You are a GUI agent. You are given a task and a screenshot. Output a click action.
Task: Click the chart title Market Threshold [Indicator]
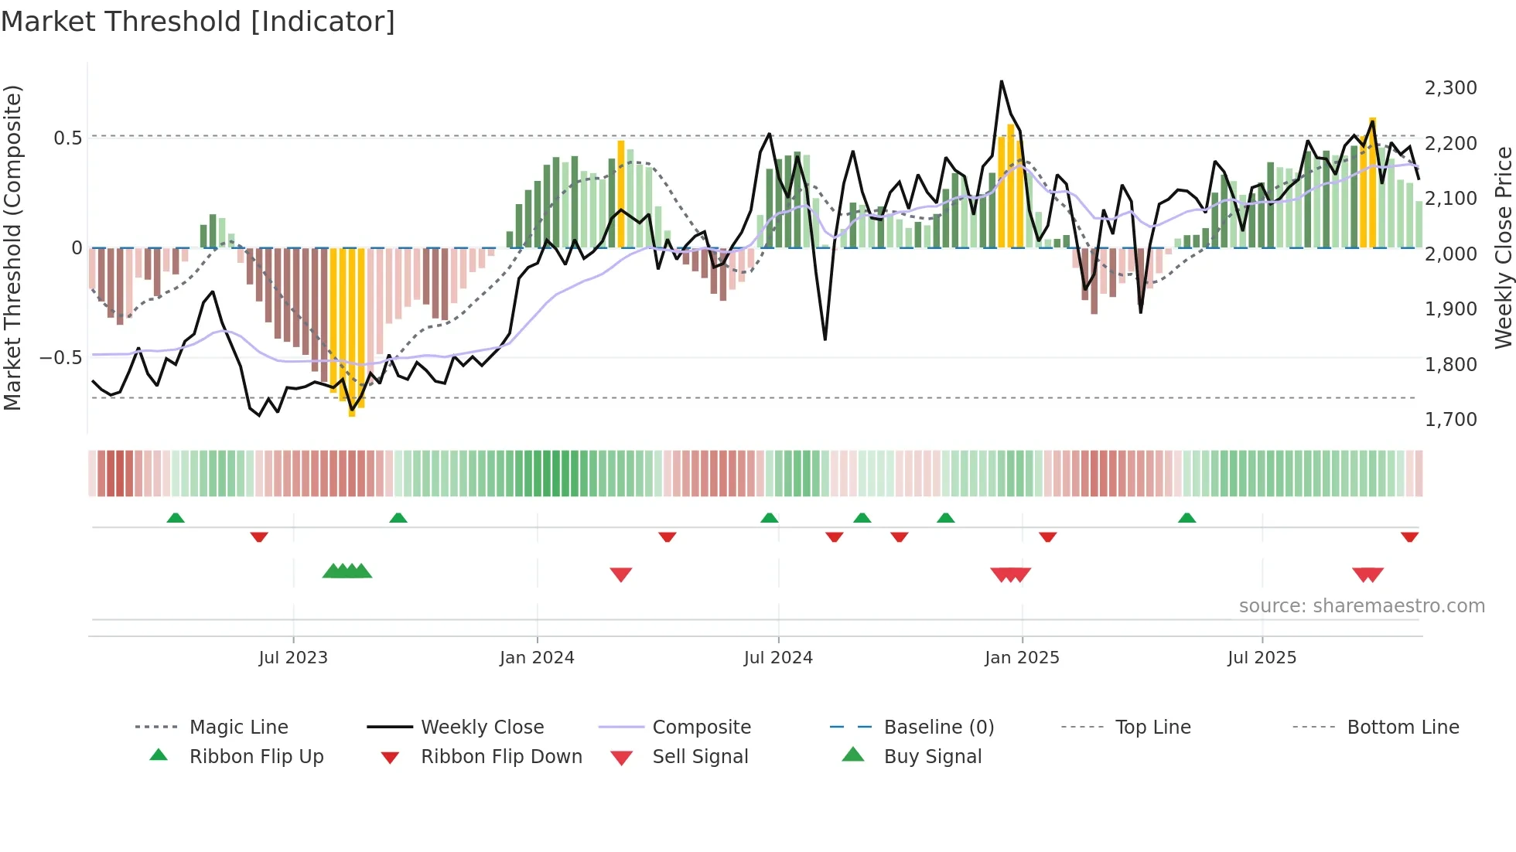198,22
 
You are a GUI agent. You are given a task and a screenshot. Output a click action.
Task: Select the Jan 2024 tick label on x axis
537,658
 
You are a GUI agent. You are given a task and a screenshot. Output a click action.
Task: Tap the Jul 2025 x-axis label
1262,658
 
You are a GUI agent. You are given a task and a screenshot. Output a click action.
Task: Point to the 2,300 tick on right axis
1450,88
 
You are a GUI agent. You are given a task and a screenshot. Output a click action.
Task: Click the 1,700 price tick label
1450,420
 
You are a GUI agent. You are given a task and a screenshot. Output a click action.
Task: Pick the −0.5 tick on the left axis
60,358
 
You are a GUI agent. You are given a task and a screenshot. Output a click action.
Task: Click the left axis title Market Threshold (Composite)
12,247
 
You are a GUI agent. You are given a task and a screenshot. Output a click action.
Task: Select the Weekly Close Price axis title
1503,247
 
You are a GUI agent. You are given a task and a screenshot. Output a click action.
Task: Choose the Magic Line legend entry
238,728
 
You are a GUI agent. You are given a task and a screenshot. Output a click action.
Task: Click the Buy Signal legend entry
932,757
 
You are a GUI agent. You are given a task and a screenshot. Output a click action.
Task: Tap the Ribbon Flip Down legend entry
501,757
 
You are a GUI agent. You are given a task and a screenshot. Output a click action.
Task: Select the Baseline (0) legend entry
938,728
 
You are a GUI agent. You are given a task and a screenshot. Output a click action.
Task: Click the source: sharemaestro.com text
1361,606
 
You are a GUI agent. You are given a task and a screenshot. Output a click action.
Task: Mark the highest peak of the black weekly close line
1001,81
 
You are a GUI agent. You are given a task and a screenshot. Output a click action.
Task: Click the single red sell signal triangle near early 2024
621,574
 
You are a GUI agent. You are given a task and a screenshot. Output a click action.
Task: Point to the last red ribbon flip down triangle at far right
1409,537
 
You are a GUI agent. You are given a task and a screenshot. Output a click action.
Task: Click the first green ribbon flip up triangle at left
176,518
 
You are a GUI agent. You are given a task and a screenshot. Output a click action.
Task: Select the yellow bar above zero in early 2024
621,193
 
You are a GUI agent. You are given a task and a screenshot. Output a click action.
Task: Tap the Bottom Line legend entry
1402,728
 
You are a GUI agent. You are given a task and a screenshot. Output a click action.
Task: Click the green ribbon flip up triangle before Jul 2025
1187,518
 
